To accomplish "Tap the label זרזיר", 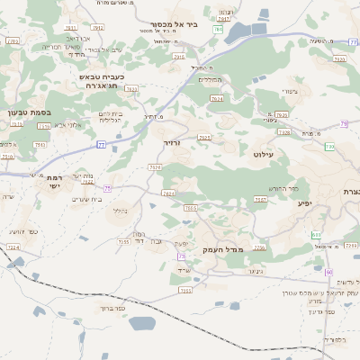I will point(173,143).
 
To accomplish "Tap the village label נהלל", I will point(119,211).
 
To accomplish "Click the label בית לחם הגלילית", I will point(108,118).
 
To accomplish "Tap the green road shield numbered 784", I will point(218,30).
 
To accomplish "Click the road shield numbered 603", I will point(316,235).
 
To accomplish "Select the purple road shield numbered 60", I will point(329,272).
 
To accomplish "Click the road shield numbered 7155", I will point(124,241).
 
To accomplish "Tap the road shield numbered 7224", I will point(13,247).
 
